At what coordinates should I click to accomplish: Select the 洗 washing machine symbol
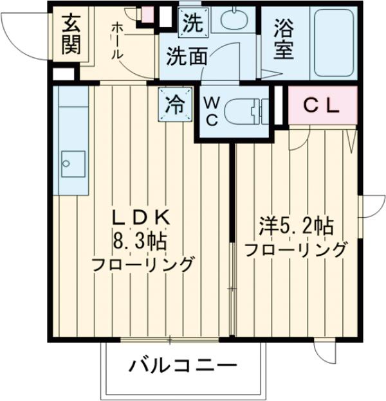[x=192, y=25]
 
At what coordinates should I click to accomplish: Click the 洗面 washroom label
[x=187, y=57]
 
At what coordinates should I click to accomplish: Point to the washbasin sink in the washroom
[x=237, y=20]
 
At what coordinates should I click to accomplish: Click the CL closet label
[x=321, y=107]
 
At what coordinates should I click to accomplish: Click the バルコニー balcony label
[x=183, y=368]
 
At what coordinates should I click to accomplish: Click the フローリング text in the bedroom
[x=296, y=249]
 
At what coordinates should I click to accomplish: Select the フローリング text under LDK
[x=142, y=264]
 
